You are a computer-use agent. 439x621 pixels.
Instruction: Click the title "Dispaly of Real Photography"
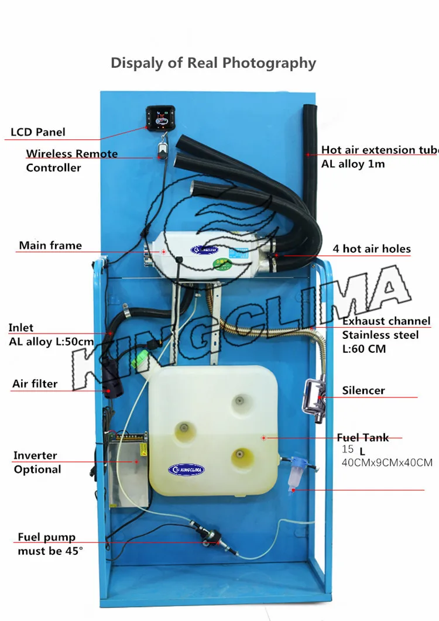pos(213,63)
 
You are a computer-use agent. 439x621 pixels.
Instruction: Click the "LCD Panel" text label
pos(38,132)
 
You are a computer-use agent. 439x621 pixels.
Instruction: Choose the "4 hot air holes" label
pos(372,249)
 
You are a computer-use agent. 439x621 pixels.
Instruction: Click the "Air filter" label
pos(35,384)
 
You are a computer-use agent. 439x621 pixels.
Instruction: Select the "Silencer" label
pos(363,390)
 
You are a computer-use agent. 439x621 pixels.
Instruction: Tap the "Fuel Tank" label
pos(363,437)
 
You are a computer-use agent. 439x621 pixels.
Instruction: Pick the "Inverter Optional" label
pos(37,462)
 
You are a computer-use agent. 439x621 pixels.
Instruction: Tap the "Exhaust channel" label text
pos(386,321)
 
